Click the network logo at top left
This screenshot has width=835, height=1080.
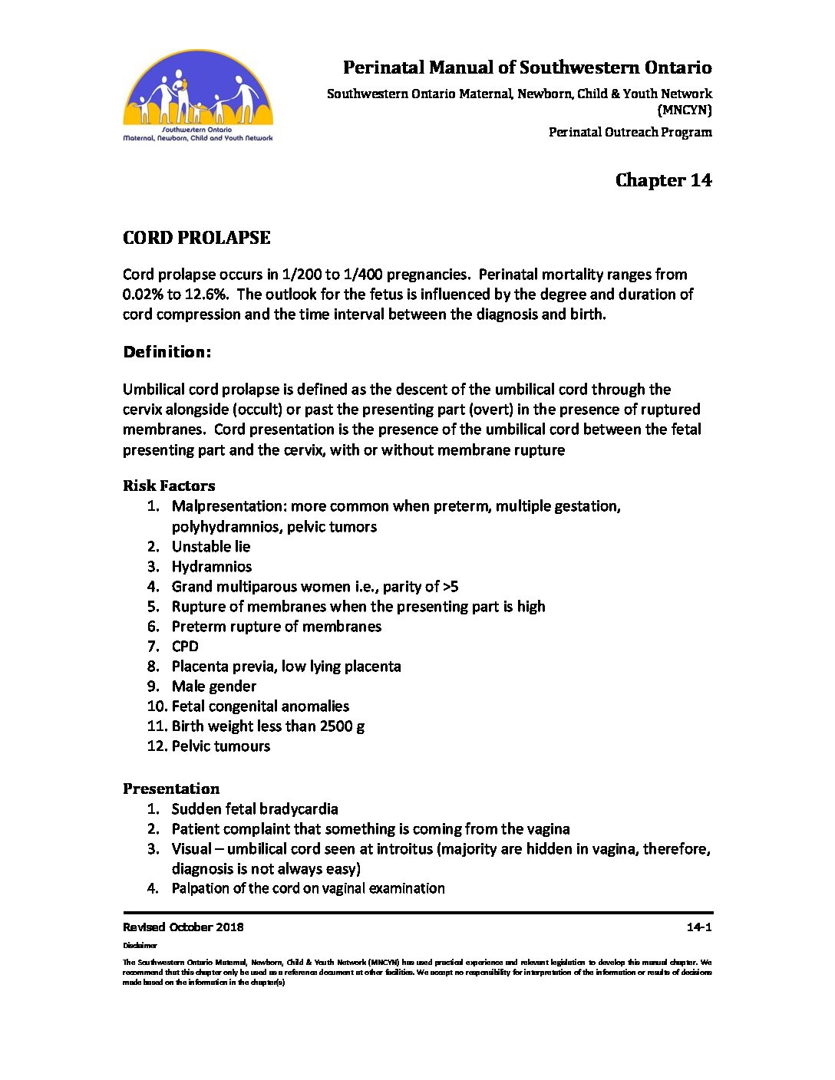click(198, 97)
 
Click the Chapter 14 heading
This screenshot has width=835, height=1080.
click(663, 180)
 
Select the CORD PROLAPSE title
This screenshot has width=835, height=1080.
click(196, 238)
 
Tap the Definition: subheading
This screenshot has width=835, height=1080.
click(167, 352)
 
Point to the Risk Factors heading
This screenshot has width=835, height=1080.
click(169, 486)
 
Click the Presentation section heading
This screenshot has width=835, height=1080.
click(171, 789)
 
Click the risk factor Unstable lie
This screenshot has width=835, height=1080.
click(211, 547)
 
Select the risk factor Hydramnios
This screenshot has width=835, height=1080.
click(212, 567)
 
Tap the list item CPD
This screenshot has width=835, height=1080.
click(185, 647)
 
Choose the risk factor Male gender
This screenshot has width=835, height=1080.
click(214, 687)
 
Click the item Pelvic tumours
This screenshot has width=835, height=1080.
click(221, 746)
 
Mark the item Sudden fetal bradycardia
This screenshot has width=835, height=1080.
click(255, 809)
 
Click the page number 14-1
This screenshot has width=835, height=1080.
click(699, 927)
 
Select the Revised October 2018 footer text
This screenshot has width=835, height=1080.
click(183, 927)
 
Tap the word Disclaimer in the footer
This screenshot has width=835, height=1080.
click(140, 946)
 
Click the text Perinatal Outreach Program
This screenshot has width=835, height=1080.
click(630, 132)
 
